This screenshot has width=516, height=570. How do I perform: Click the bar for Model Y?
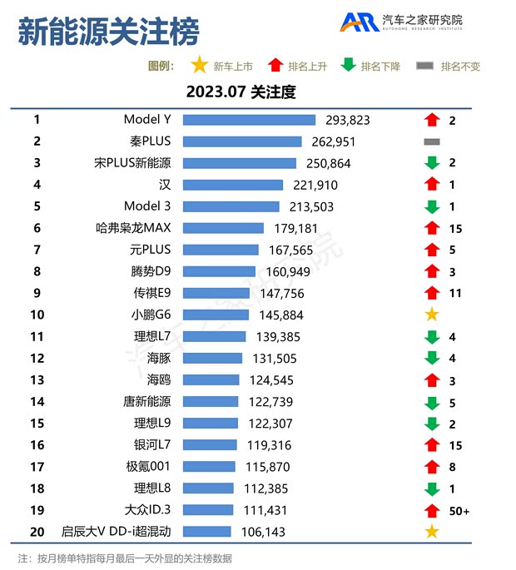(249, 120)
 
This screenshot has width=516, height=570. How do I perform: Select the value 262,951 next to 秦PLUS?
(333, 141)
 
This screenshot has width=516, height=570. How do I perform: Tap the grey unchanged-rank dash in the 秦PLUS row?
(431, 141)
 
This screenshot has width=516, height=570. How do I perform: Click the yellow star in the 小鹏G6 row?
(431, 315)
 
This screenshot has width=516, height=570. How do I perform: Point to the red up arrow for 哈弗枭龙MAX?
(431, 228)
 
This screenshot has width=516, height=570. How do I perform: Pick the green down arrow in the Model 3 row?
(431, 206)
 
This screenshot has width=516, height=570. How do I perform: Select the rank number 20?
(37, 531)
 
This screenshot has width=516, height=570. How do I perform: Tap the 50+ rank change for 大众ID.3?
(459, 510)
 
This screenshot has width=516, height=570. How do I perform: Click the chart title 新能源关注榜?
(108, 33)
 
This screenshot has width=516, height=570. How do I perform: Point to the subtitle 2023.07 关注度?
(241, 92)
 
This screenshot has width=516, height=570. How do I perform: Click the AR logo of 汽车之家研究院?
(359, 22)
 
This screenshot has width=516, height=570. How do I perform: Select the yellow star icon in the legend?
(200, 66)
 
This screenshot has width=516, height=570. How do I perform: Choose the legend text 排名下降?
(380, 67)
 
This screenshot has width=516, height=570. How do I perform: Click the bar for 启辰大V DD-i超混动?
(206, 531)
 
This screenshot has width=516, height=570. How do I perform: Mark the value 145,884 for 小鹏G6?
(281, 315)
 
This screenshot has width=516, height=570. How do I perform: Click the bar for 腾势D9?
(219, 271)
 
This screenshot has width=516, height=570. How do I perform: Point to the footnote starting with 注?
(125, 558)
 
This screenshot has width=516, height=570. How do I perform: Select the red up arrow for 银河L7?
(431, 444)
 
